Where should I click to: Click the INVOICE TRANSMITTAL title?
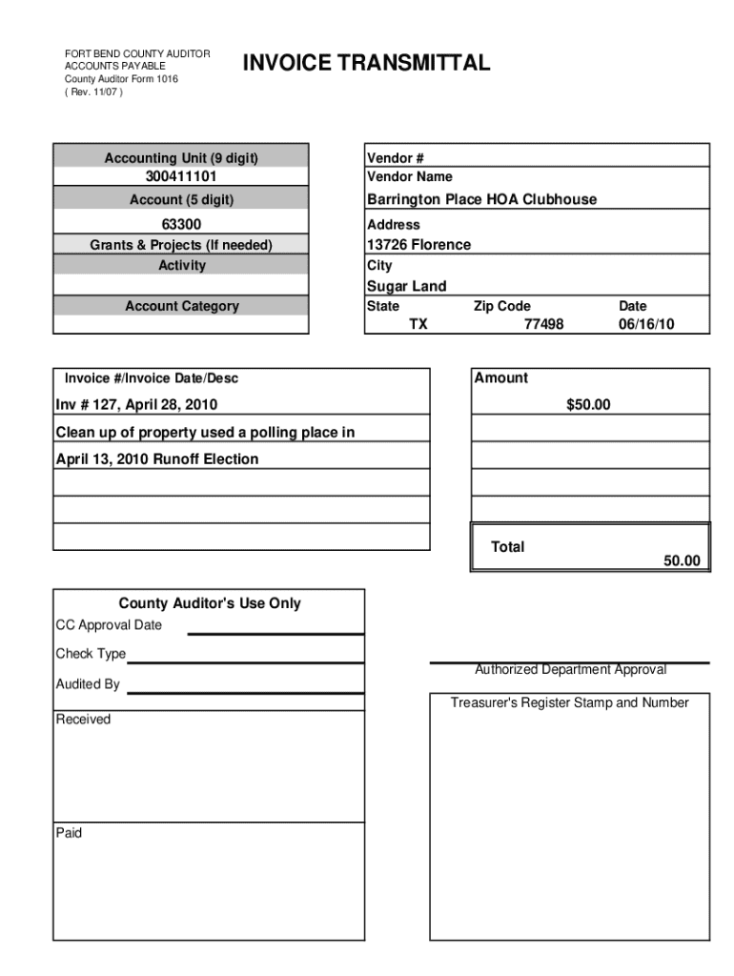click(x=367, y=64)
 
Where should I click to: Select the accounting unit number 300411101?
click(x=181, y=177)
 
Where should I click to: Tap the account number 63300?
click(x=181, y=225)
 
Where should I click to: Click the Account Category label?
click(x=181, y=306)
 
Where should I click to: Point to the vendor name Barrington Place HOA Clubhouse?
click(x=481, y=199)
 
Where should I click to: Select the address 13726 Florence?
click(x=418, y=245)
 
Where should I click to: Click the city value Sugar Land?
click(x=406, y=286)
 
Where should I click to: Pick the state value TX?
click(x=418, y=324)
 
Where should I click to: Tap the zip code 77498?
click(x=543, y=324)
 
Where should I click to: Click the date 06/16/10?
click(x=646, y=324)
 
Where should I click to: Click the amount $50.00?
click(x=588, y=405)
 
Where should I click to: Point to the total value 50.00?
click(x=682, y=561)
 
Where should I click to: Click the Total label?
click(x=507, y=547)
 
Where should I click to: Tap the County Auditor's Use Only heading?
click(x=210, y=603)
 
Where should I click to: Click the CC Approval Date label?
click(x=109, y=625)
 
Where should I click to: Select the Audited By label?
click(x=88, y=684)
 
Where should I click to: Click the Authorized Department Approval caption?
click(x=570, y=670)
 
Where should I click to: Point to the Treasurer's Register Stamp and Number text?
click(x=569, y=703)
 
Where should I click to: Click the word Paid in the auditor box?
click(x=69, y=833)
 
